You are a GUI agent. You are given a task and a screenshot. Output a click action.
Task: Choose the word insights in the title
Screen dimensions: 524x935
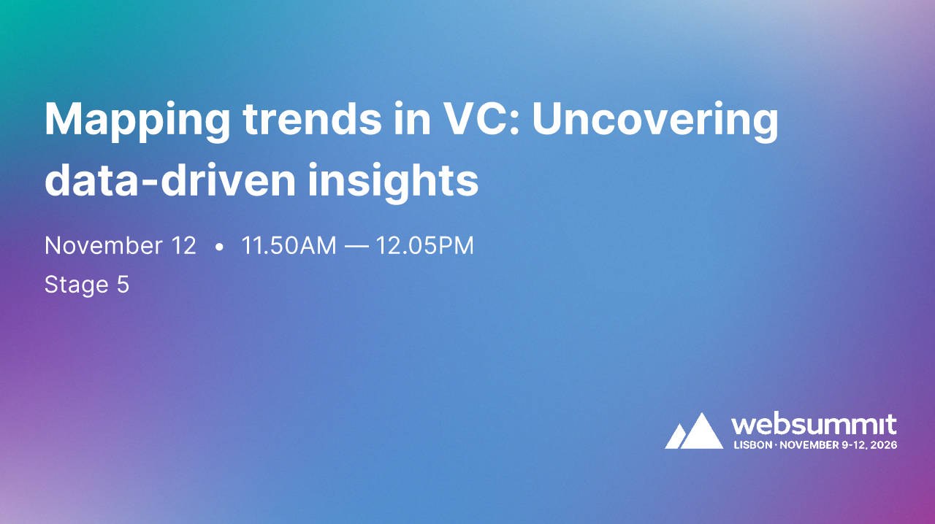tap(393, 181)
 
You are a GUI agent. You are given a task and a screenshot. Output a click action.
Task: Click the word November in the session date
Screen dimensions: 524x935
tap(100, 246)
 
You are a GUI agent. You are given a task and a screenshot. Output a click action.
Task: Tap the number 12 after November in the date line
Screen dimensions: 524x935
tap(183, 246)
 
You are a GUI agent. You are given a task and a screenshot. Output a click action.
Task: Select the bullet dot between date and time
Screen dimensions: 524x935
tap(219, 247)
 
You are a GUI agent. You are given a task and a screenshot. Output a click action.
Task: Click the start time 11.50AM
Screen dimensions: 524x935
tap(289, 246)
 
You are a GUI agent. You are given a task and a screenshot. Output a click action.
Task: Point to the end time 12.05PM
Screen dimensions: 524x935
tap(424, 246)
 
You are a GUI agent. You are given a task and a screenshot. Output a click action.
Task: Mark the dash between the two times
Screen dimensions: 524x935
tap(356, 247)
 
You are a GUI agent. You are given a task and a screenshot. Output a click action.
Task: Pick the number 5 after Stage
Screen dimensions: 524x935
tap(123, 284)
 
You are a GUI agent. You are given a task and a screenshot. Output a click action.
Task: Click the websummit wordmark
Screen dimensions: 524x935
tap(814, 425)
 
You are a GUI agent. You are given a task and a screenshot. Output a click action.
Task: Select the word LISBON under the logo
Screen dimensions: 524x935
tap(752, 444)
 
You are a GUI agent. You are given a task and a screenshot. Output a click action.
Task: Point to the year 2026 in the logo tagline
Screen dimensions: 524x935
tap(884, 444)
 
